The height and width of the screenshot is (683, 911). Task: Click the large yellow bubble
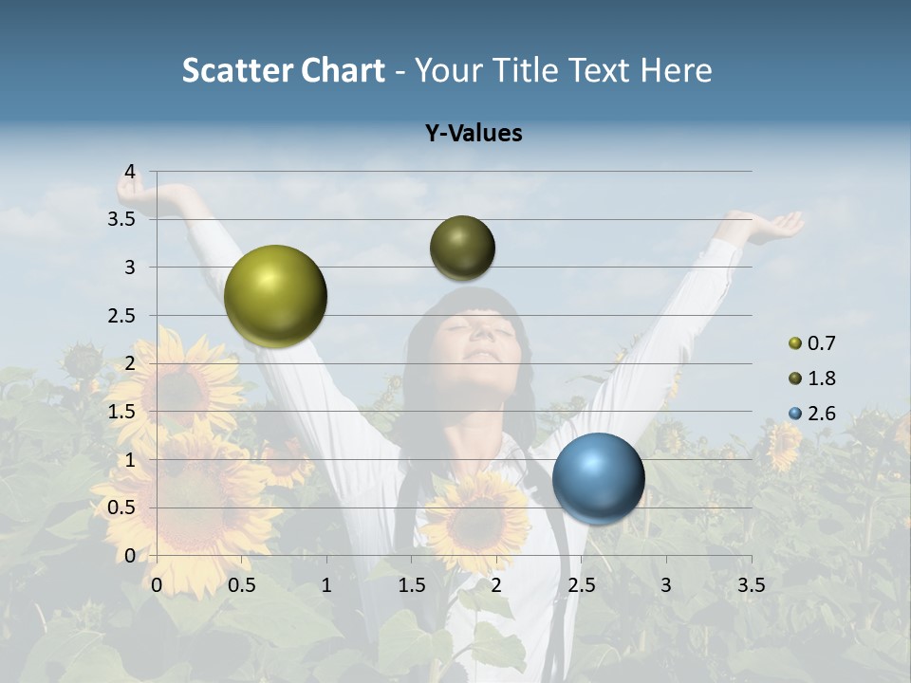point(276,296)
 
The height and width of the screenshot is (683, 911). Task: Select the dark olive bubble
point(462,248)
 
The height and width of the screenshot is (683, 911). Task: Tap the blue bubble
point(598,478)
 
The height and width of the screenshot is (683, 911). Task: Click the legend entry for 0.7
point(812,343)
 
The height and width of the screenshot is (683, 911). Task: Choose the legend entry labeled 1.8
point(812,378)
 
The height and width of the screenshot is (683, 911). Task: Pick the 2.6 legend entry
point(812,414)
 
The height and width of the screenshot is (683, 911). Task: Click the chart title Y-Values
point(474,134)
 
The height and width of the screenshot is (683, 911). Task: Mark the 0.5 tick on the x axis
point(242,585)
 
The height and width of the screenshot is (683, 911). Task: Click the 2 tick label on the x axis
point(496,585)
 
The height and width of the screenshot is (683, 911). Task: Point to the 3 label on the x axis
point(666,585)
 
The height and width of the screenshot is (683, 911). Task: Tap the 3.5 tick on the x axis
point(751,585)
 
